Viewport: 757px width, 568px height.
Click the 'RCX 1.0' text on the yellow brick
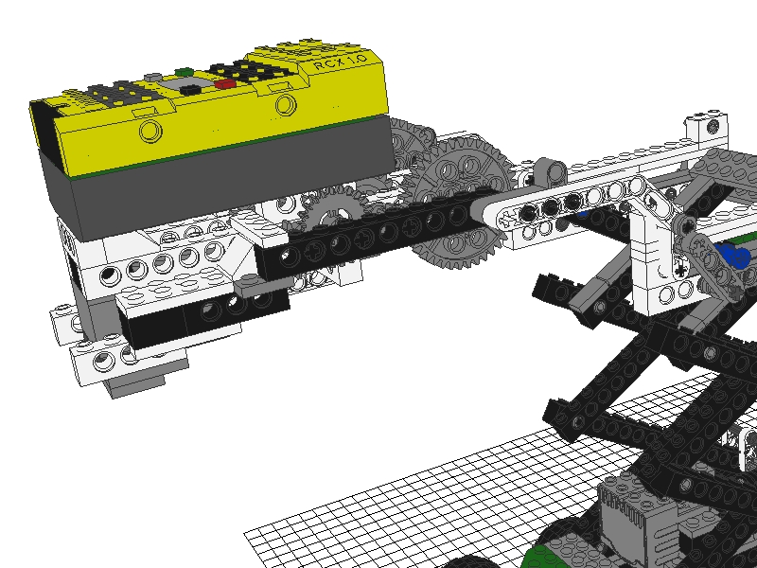pyautogui.click(x=340, y=61)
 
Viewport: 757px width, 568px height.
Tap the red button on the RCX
pyautogui.click(x=225, y=84)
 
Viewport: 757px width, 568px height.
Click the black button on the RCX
pyautogui.click(x=190, y=89)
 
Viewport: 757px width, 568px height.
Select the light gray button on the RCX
pyautogui.click(x=153, y=77)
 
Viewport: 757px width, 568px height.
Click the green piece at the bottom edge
pyautogui.click(x=541, y=558)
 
